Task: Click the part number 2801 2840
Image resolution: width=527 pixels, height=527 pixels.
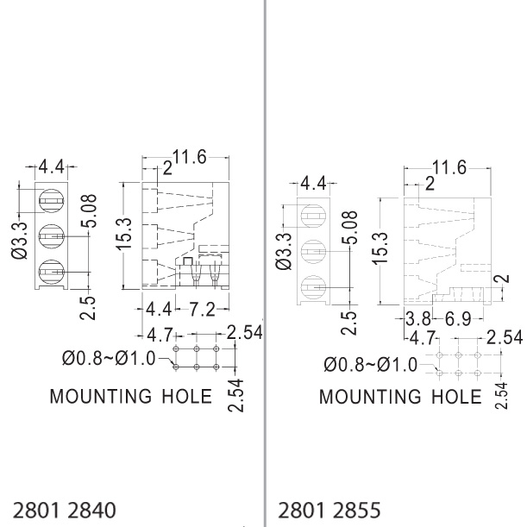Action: pos(64,510)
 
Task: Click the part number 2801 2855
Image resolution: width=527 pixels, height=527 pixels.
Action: pos(329,510)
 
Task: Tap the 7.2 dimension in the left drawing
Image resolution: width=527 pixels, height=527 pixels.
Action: pos(202,309)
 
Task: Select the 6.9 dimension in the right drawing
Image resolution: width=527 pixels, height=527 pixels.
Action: pos(458,319)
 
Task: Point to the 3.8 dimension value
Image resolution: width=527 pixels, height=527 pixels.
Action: pos(418,319)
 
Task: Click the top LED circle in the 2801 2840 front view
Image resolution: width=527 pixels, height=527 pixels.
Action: pos(52,201)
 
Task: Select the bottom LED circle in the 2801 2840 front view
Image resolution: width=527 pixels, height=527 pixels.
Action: pos(52,272)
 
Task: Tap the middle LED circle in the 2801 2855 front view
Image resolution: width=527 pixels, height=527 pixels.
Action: pos(314,252)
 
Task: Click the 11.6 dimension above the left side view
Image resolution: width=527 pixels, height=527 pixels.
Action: pos(190,157)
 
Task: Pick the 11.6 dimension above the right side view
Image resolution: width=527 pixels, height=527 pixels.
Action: pos(449,167)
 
